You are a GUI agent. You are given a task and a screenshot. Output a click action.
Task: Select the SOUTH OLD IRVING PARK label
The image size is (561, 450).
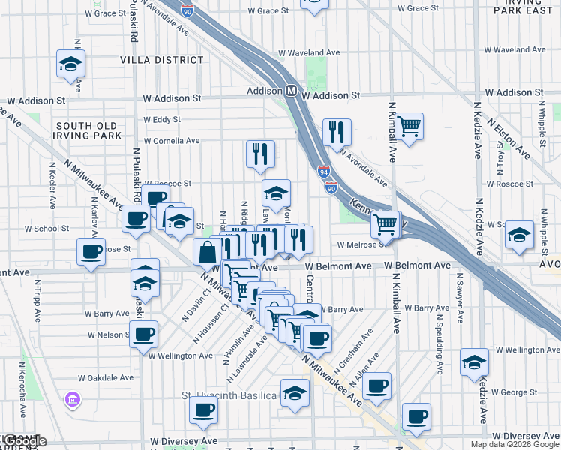pyautogui.click(x=88, y=130)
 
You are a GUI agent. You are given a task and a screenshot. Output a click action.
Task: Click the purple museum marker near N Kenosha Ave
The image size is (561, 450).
pyautogui.click(x=73, y=397)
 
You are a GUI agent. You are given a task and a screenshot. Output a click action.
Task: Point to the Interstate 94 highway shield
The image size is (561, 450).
pyautogui.click(x=324, y=173)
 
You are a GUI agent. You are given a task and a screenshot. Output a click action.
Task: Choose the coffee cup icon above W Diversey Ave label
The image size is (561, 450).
pyautogui.click(x=202, y=409)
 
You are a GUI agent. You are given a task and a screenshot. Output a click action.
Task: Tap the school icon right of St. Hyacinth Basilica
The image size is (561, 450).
pyautogui.click(x=295, y=392)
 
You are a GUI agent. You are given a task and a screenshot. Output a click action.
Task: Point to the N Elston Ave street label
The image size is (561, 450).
pyautogui.click(x=508, y=131)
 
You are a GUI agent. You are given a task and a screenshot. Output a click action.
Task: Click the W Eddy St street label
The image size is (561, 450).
pyautogui.click(x=161, y=119)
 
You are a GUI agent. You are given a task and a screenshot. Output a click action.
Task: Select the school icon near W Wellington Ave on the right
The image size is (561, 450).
pyautogui.click(x=474, y=361)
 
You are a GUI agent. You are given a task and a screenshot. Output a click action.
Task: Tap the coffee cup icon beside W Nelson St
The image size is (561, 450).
pyautogui.click(x=143, y=334)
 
